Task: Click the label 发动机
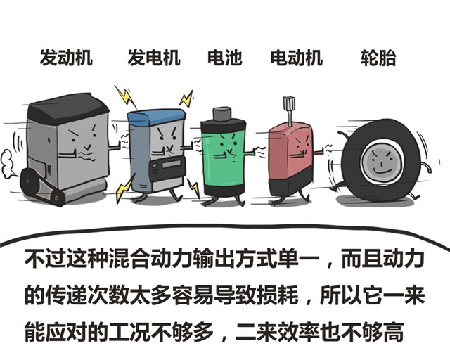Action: [x=66, y=58]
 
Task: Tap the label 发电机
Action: [x=154, y=58]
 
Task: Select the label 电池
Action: [x=225, y=58]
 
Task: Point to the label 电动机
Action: [x=297, y=58]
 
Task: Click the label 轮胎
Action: [x=378, y=58]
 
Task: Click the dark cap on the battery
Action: [x=222, y=114]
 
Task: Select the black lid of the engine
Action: [x=68, y=106]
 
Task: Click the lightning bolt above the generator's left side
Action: [x=125, y=96]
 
